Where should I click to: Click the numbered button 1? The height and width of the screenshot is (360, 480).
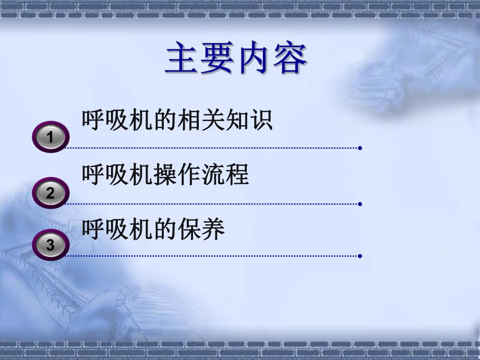click(x=51, y=137)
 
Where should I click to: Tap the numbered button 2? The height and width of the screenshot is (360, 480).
click(x=51, y=193)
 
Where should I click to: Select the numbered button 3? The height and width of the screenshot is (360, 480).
click(x=51, y=245)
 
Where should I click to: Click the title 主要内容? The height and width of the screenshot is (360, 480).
click(x=236, y=59)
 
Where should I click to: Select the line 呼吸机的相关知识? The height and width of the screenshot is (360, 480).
click(x=177, y=121)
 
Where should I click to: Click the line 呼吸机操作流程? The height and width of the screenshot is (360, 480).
click(x=165, y=175)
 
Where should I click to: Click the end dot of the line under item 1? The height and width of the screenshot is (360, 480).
click(x=360, y=148)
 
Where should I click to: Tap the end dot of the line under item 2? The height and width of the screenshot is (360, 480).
click(x=360, y=204)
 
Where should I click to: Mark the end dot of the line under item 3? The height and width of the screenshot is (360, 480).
click(x=360, y=256)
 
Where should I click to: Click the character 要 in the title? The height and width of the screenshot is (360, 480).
click(x=218, y=59)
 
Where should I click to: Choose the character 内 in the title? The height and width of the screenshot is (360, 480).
click(x=254, y=59)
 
